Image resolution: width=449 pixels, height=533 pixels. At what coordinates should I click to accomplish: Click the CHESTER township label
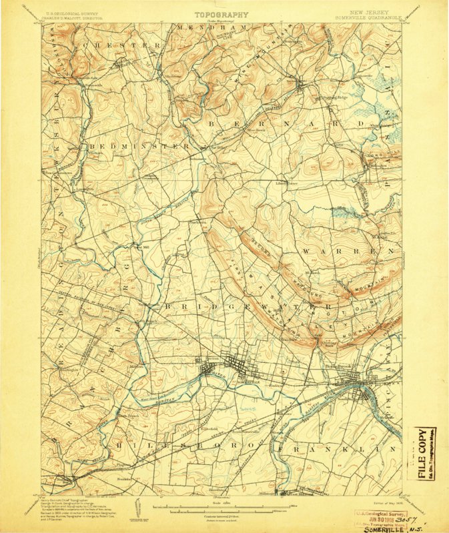click(x=127, y=45)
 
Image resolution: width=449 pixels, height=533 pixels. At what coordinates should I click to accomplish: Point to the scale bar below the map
click(x=220, y=508)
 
